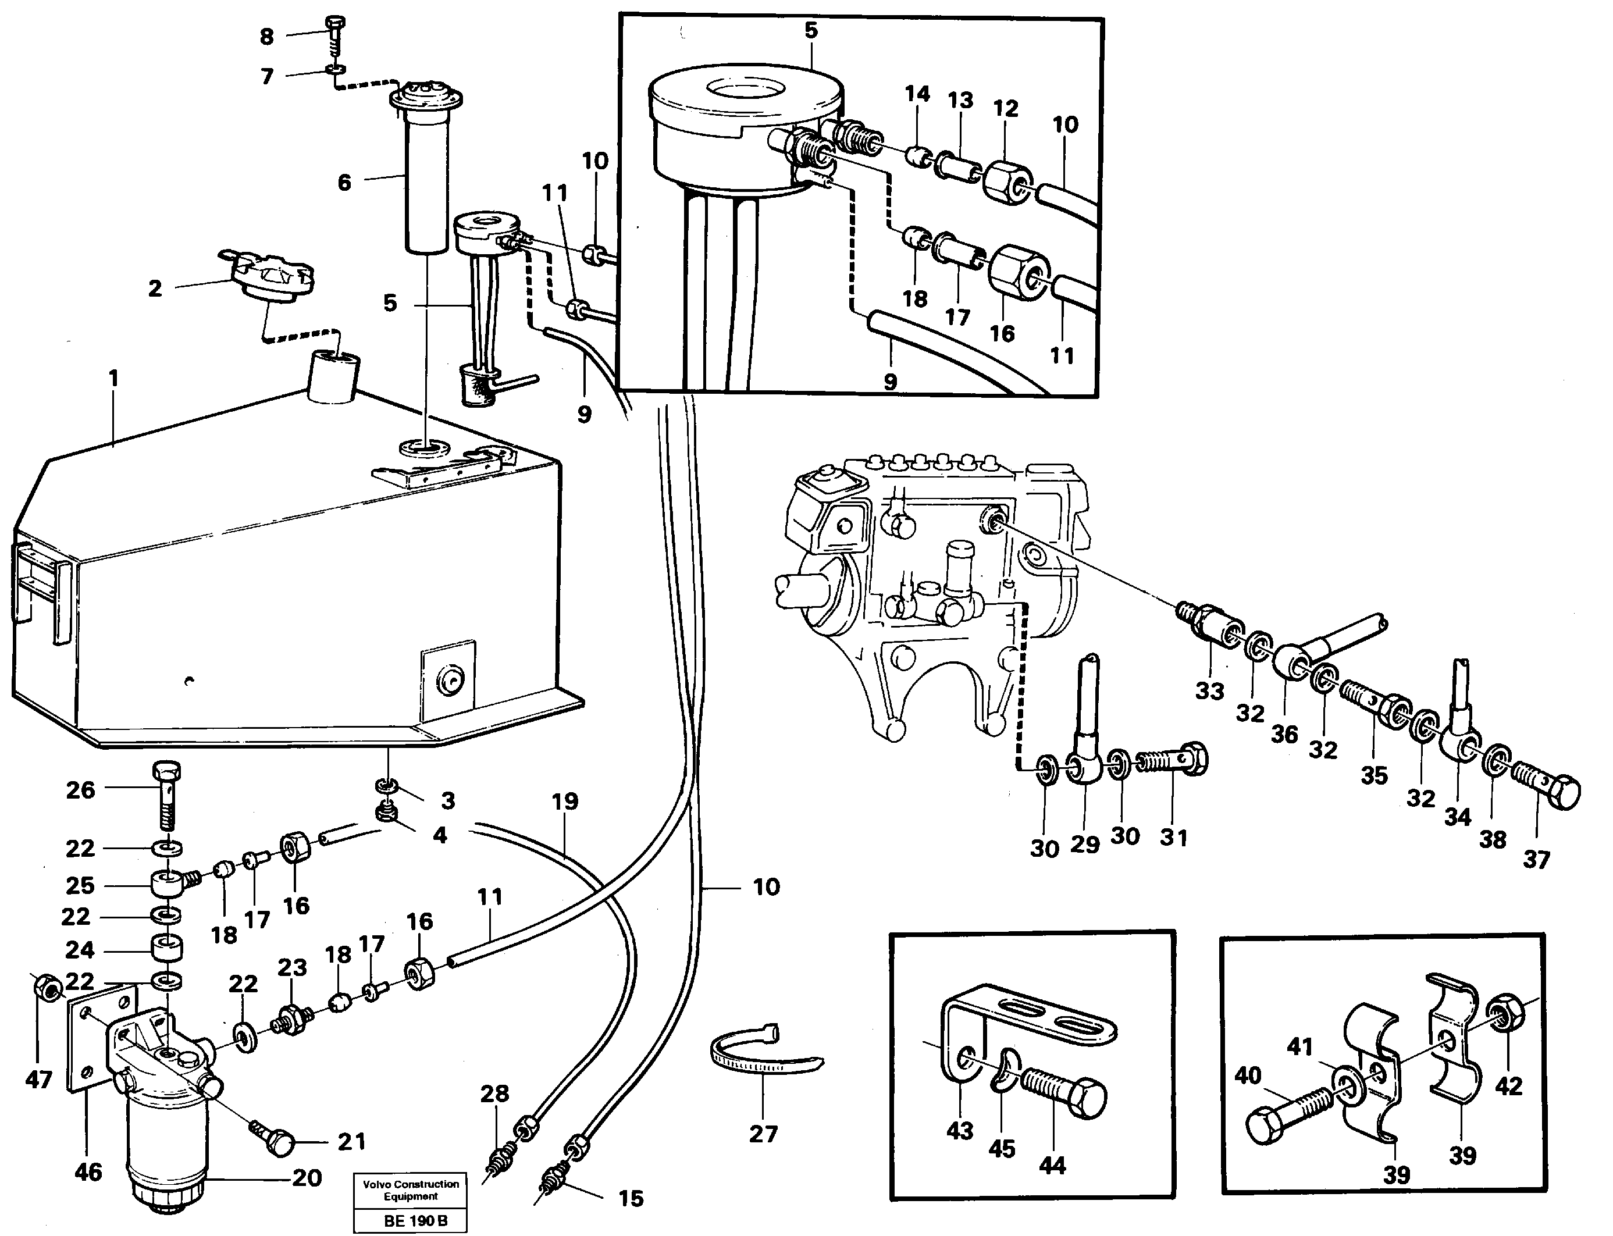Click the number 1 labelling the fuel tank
[x=113, y=378]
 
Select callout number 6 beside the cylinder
[x=344, y=183]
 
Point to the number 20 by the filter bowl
[x=307, y=1178]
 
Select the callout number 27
[x=763, y=1134]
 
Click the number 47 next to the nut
[x=38, y=1080]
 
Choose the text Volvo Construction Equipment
[x=411, y=1189]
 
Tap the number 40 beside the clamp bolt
[x=1247, y=1075]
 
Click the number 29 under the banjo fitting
[x=1084, y=843]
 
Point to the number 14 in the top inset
[x=917, y=94]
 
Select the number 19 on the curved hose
[x=564, y=800]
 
